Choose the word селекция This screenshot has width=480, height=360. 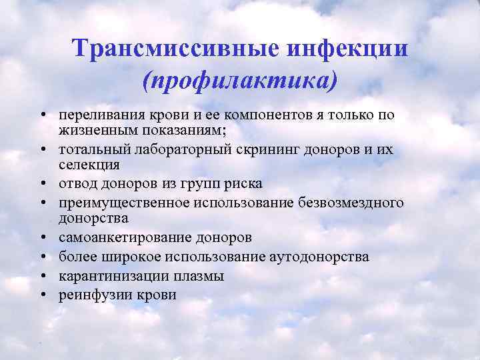point(89,163)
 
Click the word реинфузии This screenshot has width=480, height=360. point(90,294)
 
